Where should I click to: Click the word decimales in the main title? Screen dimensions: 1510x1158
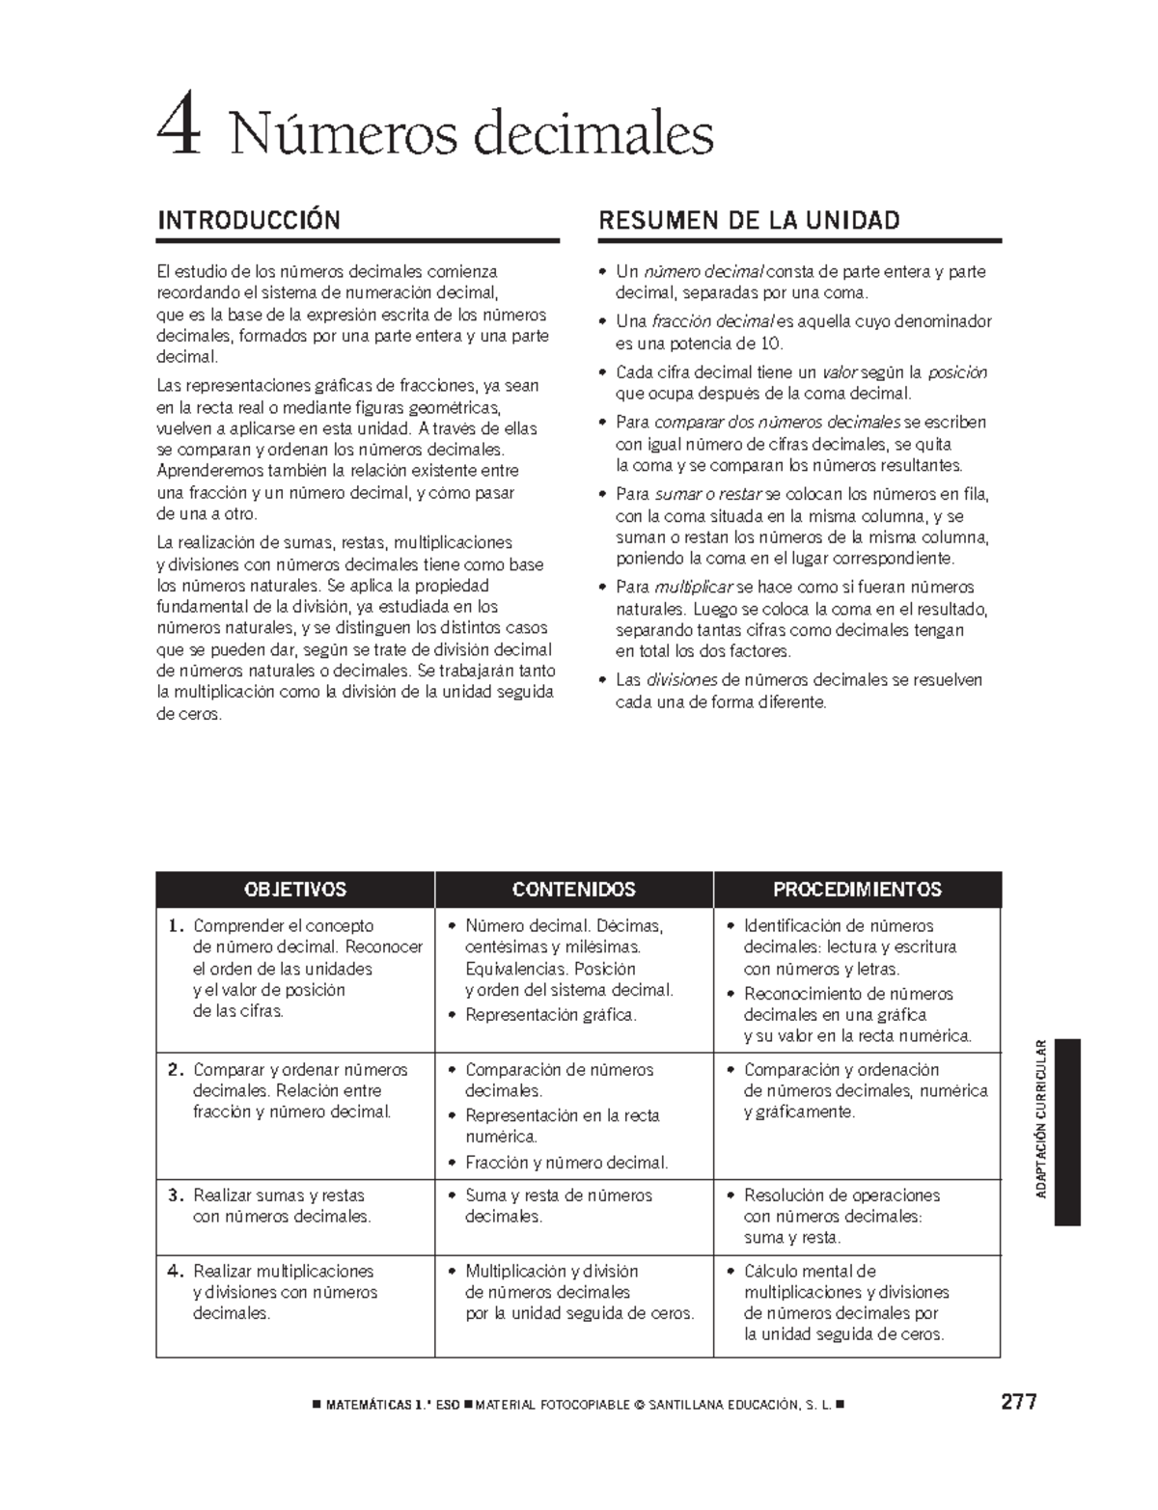click(x=593, y=134)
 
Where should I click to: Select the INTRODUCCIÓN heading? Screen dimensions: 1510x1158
click(x=248, y=220)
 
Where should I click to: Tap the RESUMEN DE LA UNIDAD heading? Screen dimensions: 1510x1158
click(x=749, y=220)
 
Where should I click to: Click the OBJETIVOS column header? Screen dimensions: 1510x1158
click(x=295, y=889)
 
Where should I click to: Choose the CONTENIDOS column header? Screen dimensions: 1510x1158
click(x=573, y=889)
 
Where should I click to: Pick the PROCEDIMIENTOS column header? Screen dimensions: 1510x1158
click(x=857, y=889)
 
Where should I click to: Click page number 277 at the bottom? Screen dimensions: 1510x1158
click(x=1018, y=1402)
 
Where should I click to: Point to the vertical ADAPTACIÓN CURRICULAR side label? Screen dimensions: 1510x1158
click(x=1040, y=1119)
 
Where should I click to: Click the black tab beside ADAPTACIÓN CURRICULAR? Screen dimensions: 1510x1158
click(x=1066, y=1131)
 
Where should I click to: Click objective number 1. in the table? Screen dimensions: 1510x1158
click(x=175, y=926)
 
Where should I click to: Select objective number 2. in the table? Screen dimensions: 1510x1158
click(x=175, y=1070)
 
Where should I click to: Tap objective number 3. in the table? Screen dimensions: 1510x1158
click(x=175, y=1195)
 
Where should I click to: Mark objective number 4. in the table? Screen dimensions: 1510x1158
click(x=175, y=1272)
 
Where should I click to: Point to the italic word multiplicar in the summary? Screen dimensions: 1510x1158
click(x=693, y=588)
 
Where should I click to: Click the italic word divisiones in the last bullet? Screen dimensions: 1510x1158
click(x=681, y=680)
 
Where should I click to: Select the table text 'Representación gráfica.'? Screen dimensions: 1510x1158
click(x=551, y=1015)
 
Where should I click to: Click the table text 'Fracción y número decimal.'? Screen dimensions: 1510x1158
click(x=566, y=1163)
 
